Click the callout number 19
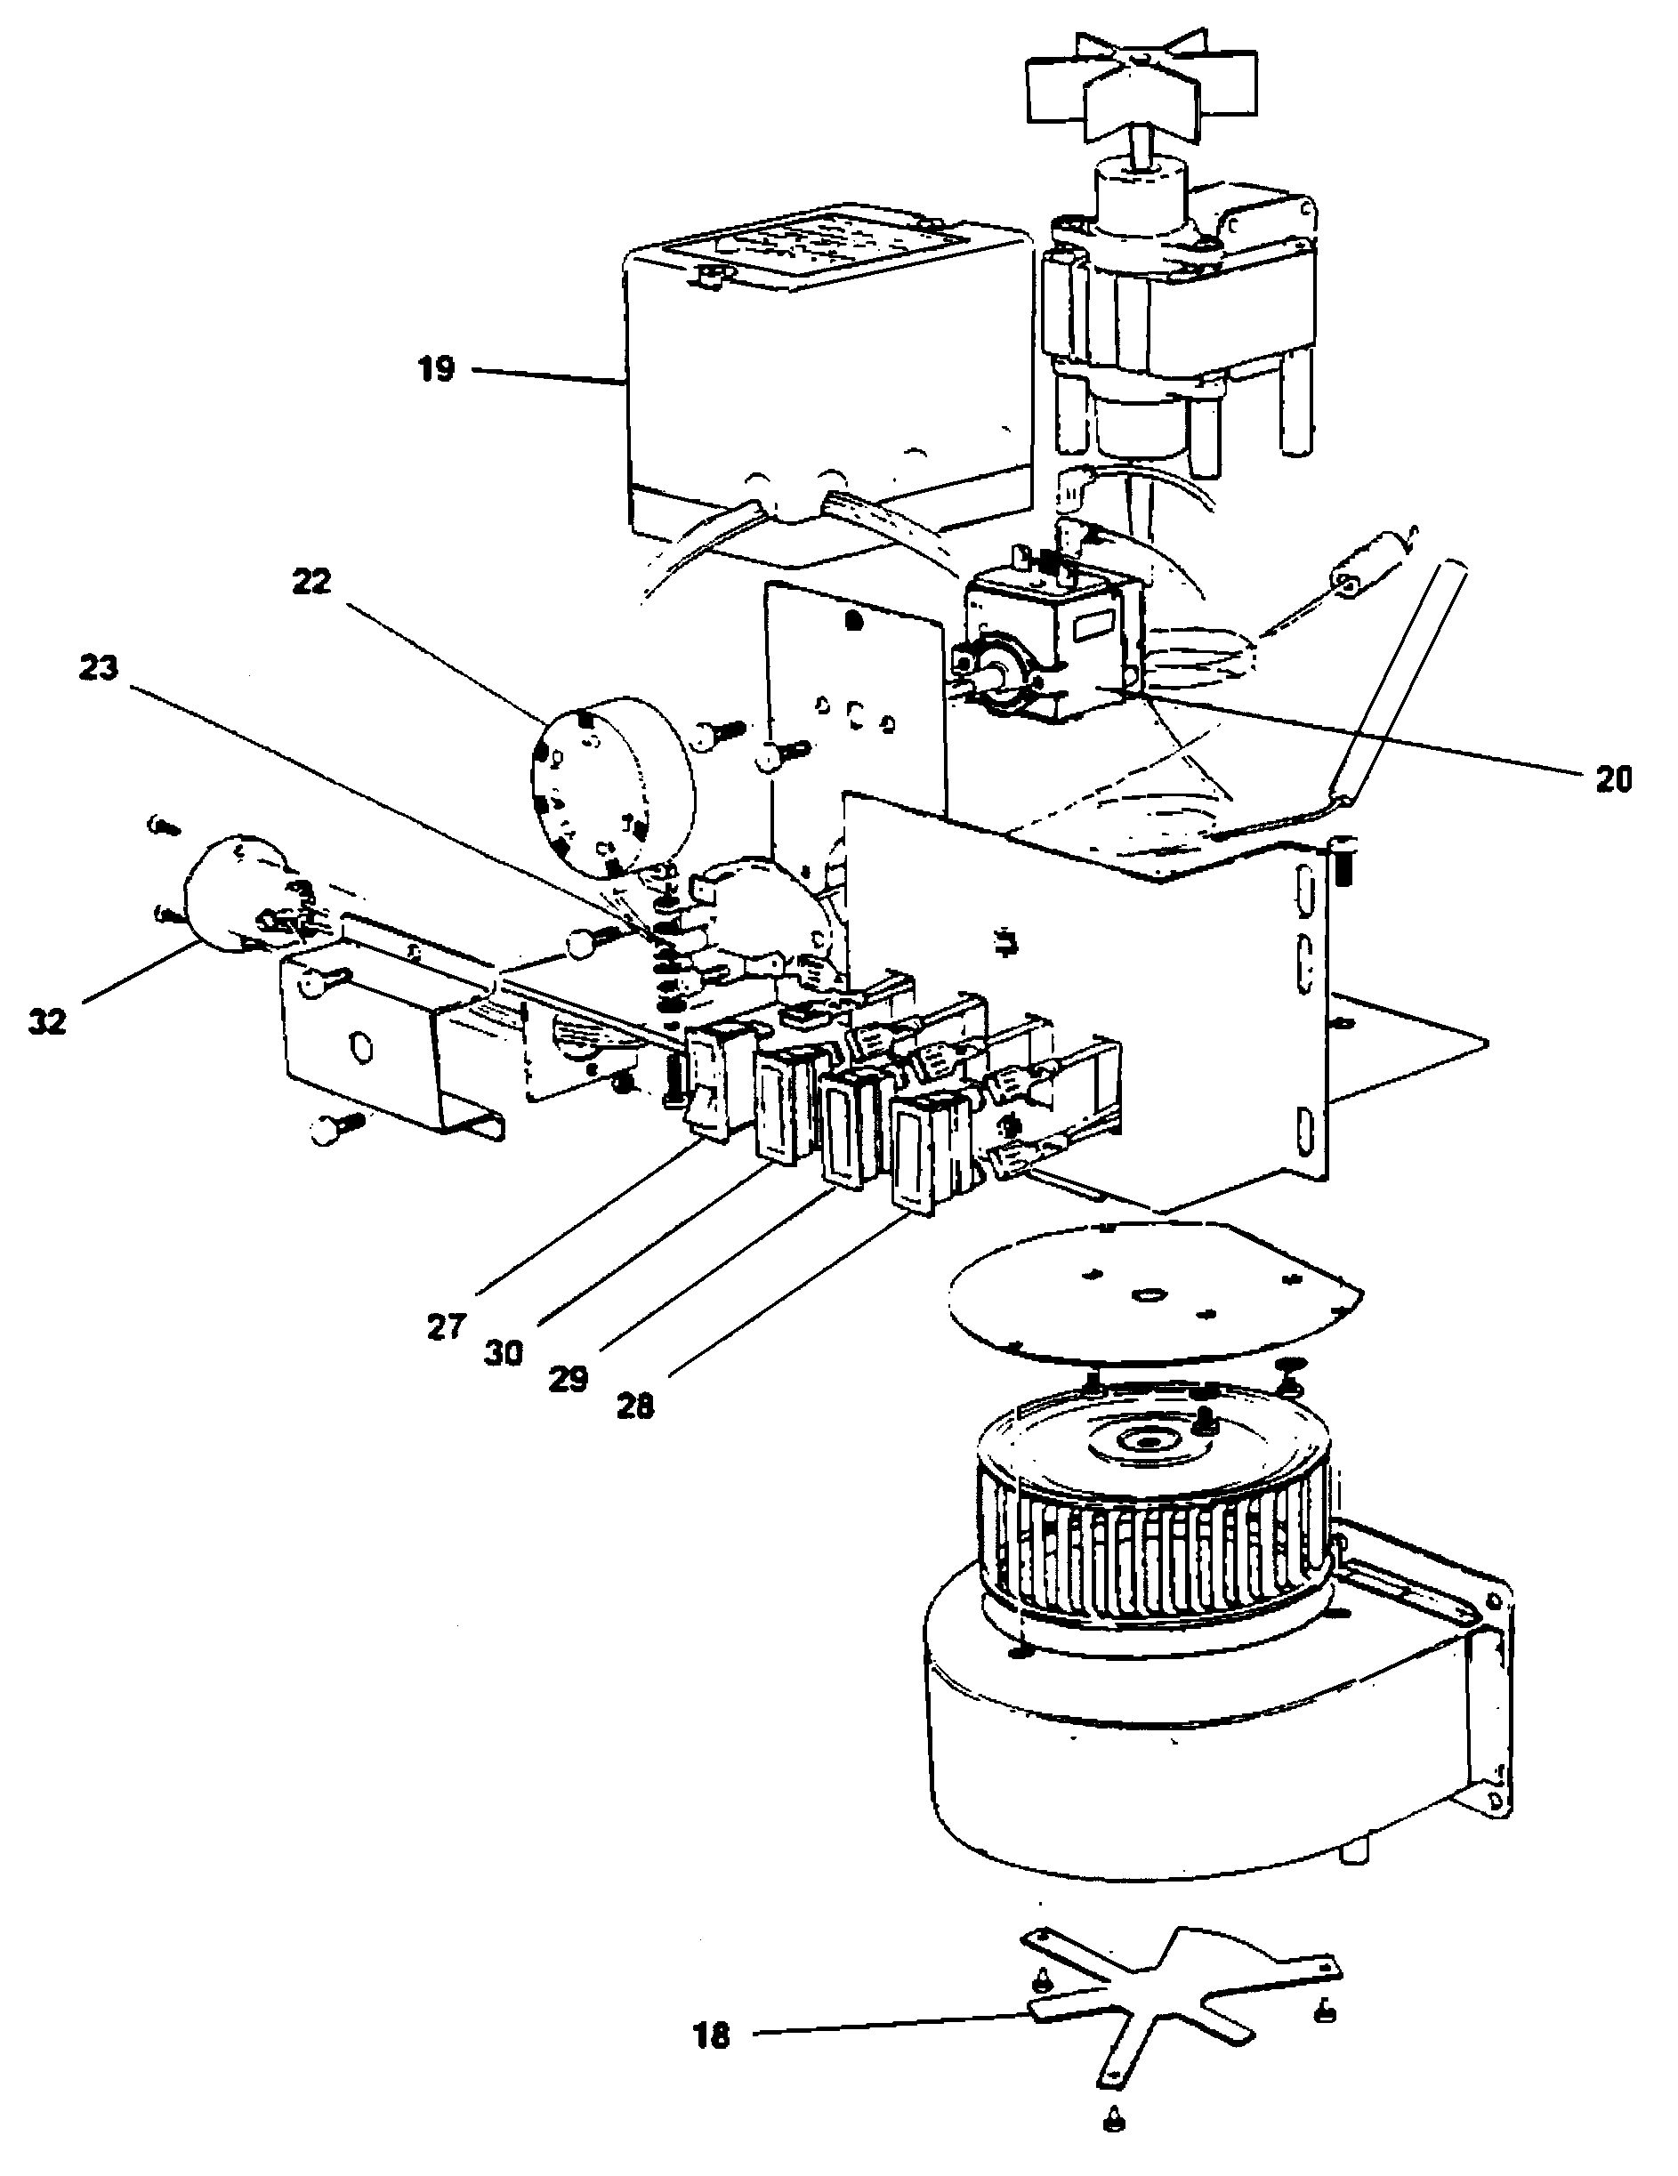(x=435, y=370)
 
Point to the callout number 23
(x=99, y=668)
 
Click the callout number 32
(x=47, y=1021)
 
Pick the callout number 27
(x=447, y=1326)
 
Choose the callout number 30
(x=504, y=1353)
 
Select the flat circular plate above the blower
(x=1146, y=1290)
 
